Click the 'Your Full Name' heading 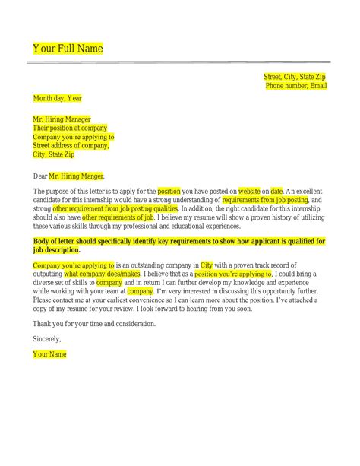68,49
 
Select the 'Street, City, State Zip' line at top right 295,77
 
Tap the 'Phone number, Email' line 295,87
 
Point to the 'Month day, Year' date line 57,97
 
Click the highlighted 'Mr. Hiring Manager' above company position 62,119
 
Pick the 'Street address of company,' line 72,146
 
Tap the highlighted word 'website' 251,190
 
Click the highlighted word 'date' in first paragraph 276,190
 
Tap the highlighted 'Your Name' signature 49,354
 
